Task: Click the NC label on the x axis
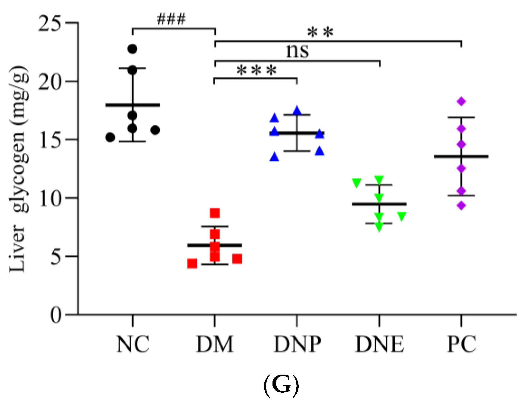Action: pos(133,344)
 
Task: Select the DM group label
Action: pos(215,344)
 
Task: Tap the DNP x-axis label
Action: pos(297,344)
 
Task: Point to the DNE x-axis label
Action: pos(379,344)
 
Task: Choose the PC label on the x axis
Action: pos(461,344)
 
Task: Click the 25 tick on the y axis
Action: pos(50,23)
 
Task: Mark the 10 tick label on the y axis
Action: pos(50,199)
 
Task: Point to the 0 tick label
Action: pos(56,315)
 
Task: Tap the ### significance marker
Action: pos(171,19)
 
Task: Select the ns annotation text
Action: pos(297,51)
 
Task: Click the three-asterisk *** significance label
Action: pos(256,71)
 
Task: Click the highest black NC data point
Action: pos(132,49)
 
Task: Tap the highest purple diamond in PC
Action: pos(461,101)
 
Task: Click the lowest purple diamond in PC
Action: pos(461,206)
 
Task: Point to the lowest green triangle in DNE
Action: pos(379,227)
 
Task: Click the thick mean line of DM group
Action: pos(215,245)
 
